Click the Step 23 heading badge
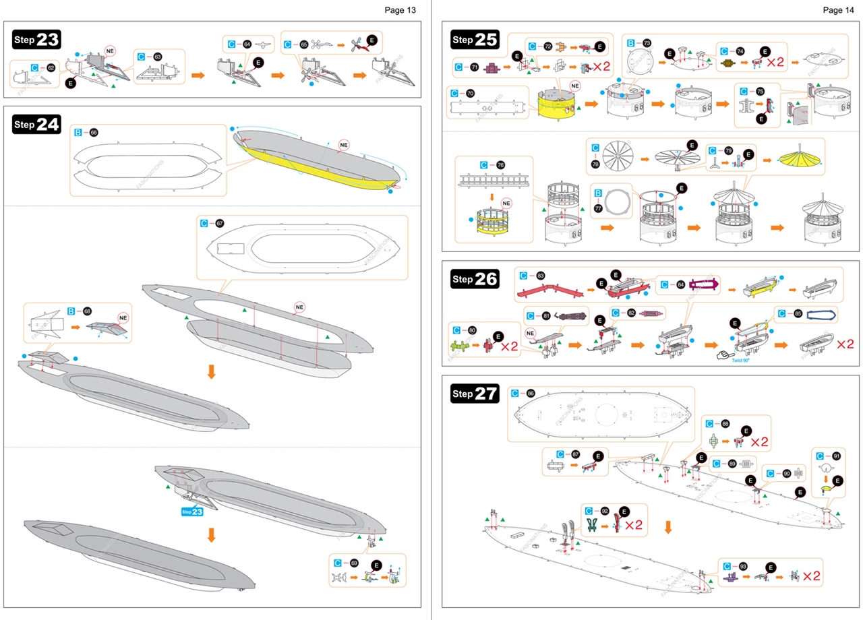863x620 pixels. (37, 40)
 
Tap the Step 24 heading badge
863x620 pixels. (37, 124)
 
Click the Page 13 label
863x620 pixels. (400, 10)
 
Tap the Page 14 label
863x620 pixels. (838, 10)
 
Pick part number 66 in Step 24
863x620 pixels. (94, 133)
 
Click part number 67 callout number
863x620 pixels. (219, 224)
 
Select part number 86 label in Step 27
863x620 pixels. (531, 393)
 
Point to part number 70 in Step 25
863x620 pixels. (470, 93)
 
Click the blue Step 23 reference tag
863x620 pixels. (192, 511)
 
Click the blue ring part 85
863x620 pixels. (822, 315)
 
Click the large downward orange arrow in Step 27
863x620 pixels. (668, 526)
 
